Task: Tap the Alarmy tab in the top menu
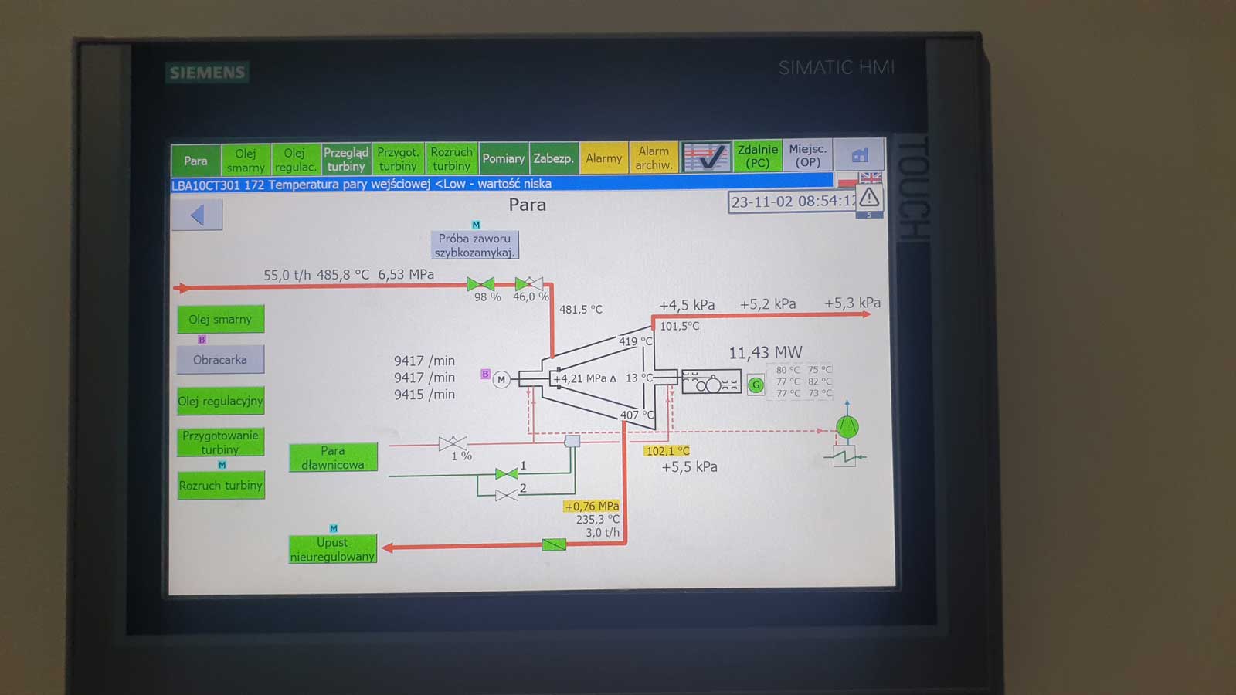click(603, 158)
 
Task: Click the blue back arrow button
click(197, 215)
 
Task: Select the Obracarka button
click(220, 360)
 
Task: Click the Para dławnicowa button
click(333, 457)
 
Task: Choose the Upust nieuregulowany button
click(332, 549)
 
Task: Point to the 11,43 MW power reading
click(766, 353)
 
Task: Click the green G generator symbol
click(756, 385)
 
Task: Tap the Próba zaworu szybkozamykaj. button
click(474, 245)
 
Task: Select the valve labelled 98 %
click(480, 284)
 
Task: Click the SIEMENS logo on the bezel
click(207, 73)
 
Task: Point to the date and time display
click(793, 202)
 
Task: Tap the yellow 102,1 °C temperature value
click(667, 451)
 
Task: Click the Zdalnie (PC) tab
click(757, 156)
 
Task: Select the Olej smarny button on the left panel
click(220, 319)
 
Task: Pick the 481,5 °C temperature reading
click(580, 310)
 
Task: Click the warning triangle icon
click(869, 198)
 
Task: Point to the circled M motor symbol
click(501, 379)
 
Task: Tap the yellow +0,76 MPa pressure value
click(592, 507)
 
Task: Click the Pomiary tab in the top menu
click(503, 158)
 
